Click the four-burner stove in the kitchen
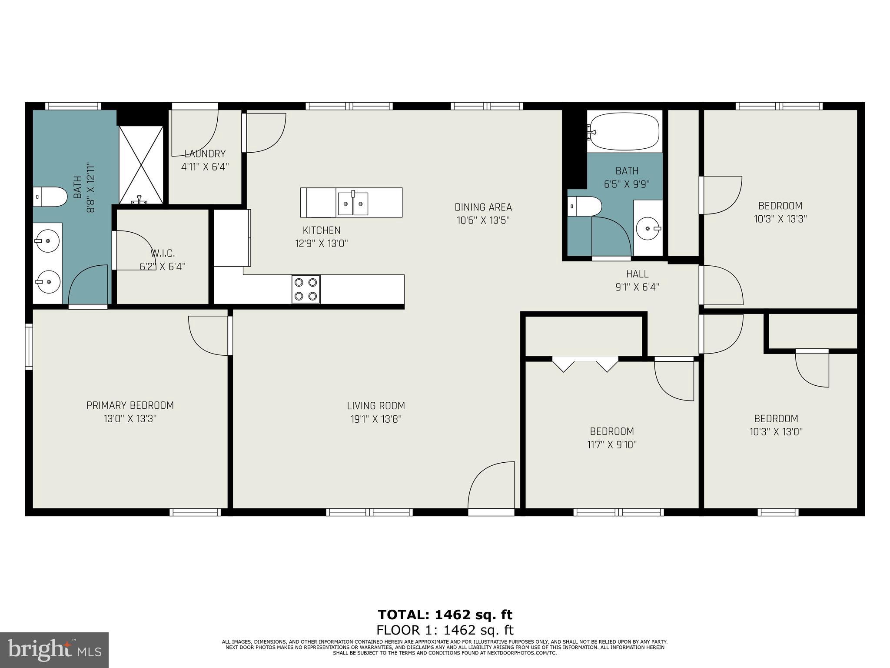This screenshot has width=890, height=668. tap(306, 289)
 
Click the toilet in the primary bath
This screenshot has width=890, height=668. tap(50, 197)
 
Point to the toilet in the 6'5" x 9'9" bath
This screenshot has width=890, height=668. tap(585, 206)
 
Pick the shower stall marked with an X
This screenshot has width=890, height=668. tap(141, 165)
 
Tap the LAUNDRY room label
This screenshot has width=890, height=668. tap(205, 154)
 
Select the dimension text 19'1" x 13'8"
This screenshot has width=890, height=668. tap(376, 419)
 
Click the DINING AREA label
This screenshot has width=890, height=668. tap(483, 207)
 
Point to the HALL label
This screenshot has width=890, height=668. tap(637, 274)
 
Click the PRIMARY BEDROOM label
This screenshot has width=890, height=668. tap(130, 405)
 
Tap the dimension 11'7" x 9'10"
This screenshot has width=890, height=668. tap(611, 444)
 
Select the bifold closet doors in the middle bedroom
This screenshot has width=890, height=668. tap(585, 364)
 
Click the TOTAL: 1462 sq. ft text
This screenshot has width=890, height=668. tap(445, 615)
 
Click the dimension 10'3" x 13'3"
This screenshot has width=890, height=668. tap(780, 219)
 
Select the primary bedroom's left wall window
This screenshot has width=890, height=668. tap(29, 347)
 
